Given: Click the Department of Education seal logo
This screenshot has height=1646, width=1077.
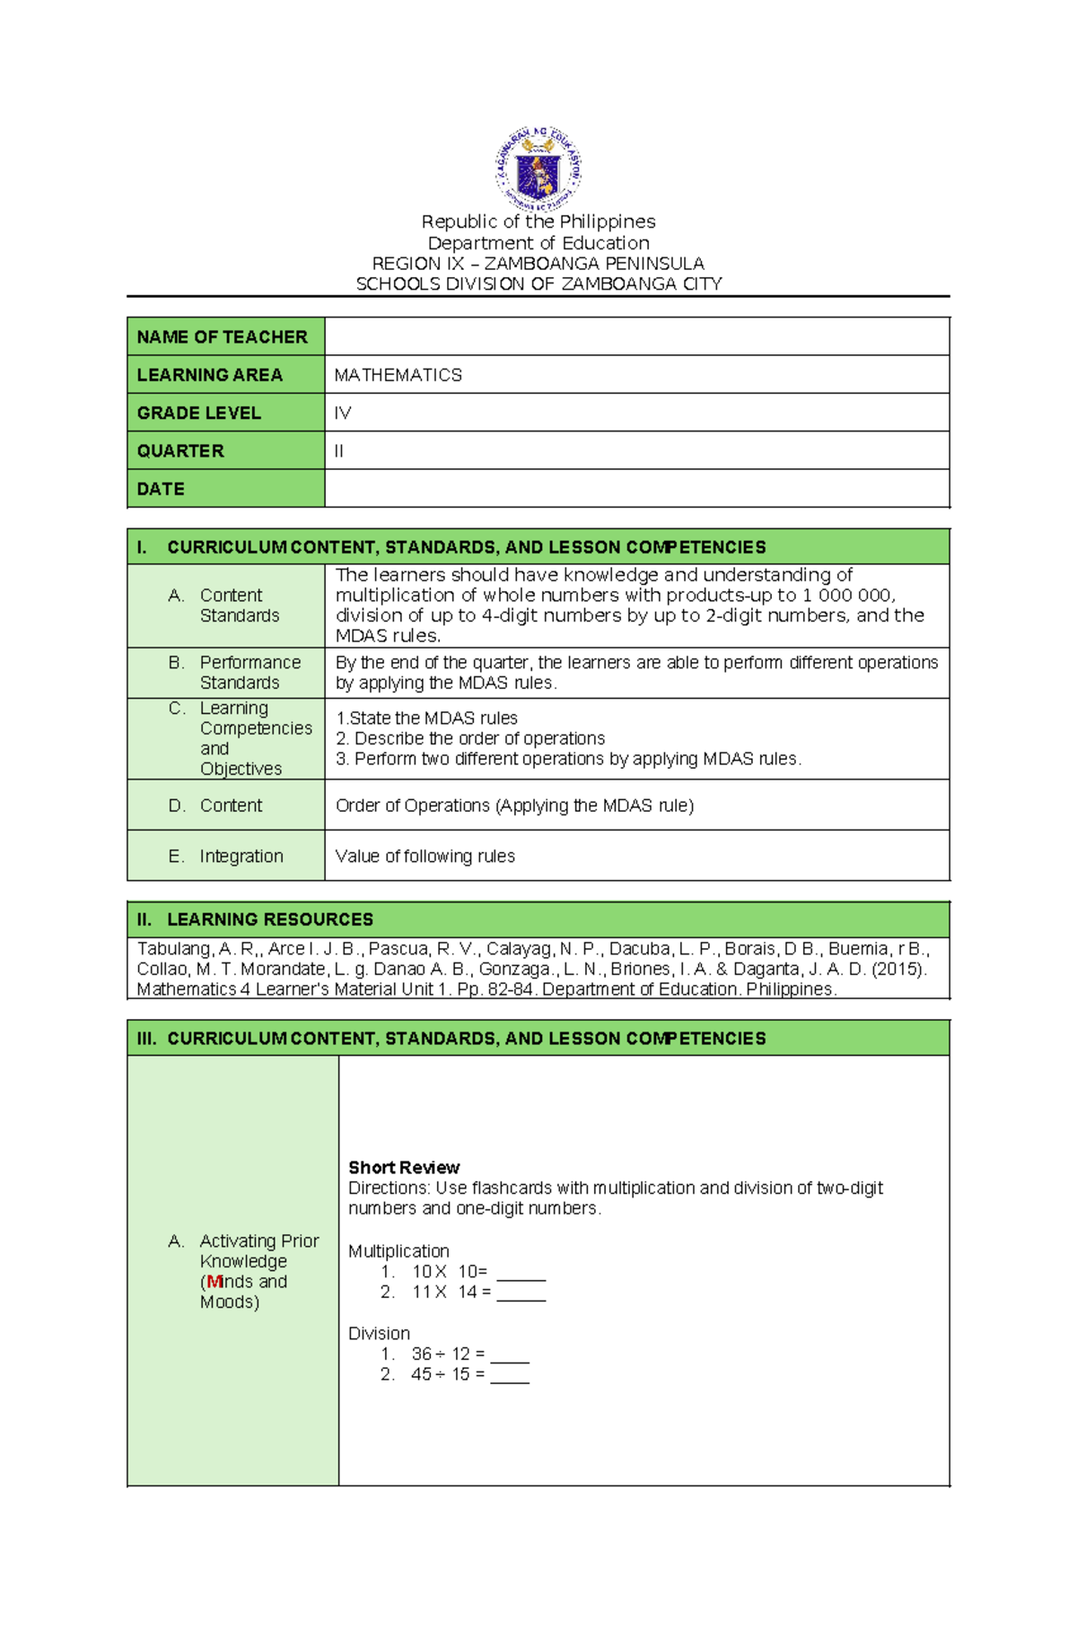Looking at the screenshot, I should [x=538, y=168].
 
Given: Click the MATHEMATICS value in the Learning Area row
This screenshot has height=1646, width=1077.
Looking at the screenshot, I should [x=398, y=375].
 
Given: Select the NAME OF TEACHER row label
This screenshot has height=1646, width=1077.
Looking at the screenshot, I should [x=222, y=337].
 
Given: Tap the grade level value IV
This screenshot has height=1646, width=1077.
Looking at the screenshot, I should [x=343, y=413].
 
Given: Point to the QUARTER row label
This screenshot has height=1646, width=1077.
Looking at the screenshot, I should [x=179, y=451].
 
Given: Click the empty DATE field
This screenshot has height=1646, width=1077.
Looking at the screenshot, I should [x=635, y=489].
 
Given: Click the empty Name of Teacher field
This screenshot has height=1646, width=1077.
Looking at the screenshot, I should [x=635, y=336].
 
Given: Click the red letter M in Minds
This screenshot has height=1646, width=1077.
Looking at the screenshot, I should [x=214, y=1282].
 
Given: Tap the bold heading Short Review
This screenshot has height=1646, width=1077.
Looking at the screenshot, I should [x=404, y=1167].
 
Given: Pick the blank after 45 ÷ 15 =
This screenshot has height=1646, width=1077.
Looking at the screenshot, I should [x=510, y=1376].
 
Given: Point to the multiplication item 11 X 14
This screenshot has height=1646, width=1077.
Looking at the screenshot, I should [x=444, y=1292].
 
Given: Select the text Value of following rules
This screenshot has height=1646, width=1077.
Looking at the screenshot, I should [x=425, y=856].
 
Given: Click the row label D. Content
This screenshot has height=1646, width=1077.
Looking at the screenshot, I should [x=215, y=806].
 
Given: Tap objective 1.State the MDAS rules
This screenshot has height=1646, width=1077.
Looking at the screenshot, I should [x=426, y=718].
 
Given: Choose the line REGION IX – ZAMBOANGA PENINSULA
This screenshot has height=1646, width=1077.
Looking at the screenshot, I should [x=538, y=264].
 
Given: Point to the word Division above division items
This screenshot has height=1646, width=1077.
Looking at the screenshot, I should [x=379, y=1333].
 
